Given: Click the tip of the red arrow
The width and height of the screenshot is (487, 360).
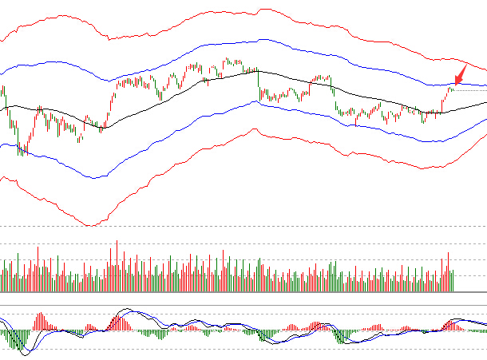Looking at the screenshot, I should [454, 84].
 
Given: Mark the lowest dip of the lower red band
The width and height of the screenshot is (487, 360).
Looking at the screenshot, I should [90, 225].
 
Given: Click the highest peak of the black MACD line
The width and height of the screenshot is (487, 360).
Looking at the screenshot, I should [125, 309].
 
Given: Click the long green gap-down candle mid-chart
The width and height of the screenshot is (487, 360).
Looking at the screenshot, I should [259, 85].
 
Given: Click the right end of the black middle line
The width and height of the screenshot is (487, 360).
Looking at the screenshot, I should [485, 103].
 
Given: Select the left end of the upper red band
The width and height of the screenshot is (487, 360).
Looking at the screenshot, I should [2, 39].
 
